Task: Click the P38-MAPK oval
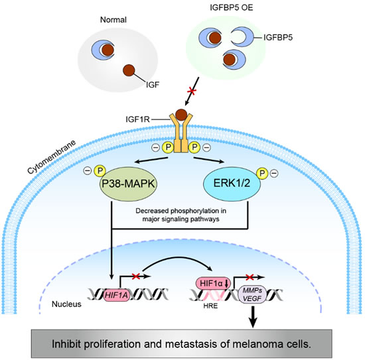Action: coord(129,184)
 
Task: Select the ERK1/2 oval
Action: coord(232,184)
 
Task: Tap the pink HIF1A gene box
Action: coord(116,295)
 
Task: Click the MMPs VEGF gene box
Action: coord(253,294)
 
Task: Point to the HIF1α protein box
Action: coord(214,284)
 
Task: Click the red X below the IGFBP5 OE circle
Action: coord(192,91)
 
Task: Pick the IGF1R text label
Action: coord(137,119)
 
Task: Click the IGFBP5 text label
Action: coord(278,37)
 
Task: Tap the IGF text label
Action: coord(153,85)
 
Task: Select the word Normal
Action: coord(113,20)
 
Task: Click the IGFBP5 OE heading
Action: coord(232,8)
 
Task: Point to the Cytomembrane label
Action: coord(52,156)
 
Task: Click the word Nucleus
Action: coord(66,304)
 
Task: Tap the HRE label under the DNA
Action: coord(210,306)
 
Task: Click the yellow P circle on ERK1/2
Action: coord(262,173)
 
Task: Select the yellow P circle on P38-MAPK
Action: coord(100,171)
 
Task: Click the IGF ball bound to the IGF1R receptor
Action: coord(181,115)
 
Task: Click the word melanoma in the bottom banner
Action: coord(253,344)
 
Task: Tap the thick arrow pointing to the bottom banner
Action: coord(253,317)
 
